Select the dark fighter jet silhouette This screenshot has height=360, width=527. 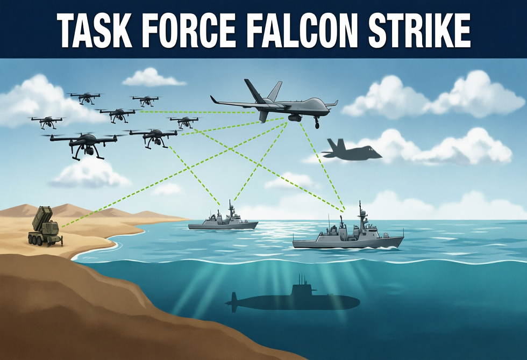point(351,149)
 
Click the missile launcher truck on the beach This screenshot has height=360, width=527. point(45,227)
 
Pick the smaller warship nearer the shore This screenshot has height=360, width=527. point(223,220)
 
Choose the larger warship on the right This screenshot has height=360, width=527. point(348,233)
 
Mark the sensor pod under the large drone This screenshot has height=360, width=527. point(296,118)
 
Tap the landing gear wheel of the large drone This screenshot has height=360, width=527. point(317,125)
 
